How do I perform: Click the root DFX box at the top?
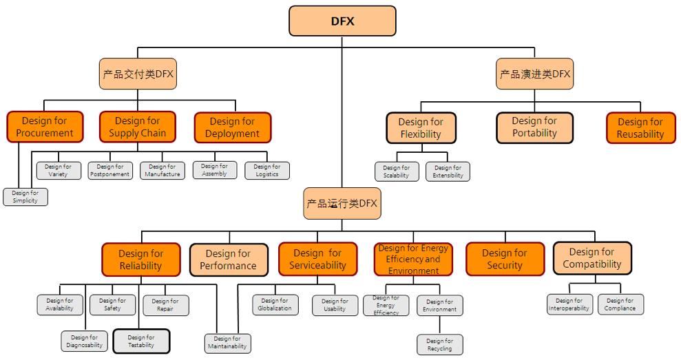[342, 21]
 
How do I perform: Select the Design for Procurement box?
[45, 127]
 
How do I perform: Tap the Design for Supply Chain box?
[138, 127]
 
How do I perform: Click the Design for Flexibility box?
[421, 128]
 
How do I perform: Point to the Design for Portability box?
[534, 127]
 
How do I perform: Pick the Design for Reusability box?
[640, 128]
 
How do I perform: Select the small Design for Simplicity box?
[25, 197]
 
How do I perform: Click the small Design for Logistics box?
[267, 171]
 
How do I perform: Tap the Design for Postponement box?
[110, 171]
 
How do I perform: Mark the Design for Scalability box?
[397, 171]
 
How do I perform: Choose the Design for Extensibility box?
[448, 171]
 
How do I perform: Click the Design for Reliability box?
[141, 260]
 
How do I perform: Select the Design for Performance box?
[228, 260]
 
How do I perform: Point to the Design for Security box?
[505, 259]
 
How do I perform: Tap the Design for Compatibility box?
[592, 258]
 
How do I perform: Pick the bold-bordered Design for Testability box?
[141, 341]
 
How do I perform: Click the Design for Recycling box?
[440, 345]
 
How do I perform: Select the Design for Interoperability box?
[569, 304]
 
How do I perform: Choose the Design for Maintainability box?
[227, 343]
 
